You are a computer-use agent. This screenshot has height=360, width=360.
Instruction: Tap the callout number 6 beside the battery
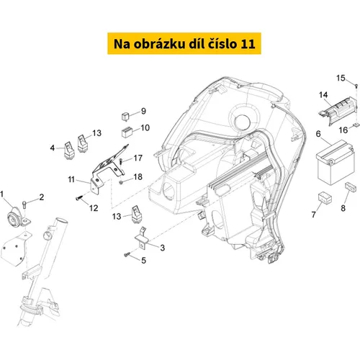point(318,134)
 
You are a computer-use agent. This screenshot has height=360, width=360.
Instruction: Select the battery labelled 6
point(335,162)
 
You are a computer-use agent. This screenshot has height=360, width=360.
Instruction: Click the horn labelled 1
point(15,217)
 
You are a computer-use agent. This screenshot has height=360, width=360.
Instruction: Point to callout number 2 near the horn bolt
point(42,197)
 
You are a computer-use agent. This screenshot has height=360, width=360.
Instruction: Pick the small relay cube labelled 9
point(125,116)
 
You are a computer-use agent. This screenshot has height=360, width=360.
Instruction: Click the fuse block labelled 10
point(127,132)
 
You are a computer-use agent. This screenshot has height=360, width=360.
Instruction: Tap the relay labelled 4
point(68,150)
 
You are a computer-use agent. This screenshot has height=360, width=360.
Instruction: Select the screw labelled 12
point(78,198)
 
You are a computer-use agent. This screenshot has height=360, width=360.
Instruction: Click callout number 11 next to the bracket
point(71,179)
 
